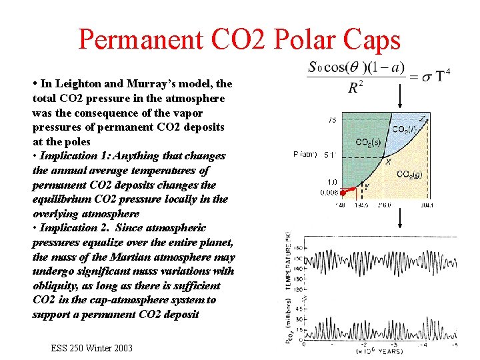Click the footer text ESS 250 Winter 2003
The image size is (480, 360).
coord(91,348)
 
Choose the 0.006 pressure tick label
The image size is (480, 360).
coord(328,192)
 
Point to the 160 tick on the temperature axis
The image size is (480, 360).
coord(300,247)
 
